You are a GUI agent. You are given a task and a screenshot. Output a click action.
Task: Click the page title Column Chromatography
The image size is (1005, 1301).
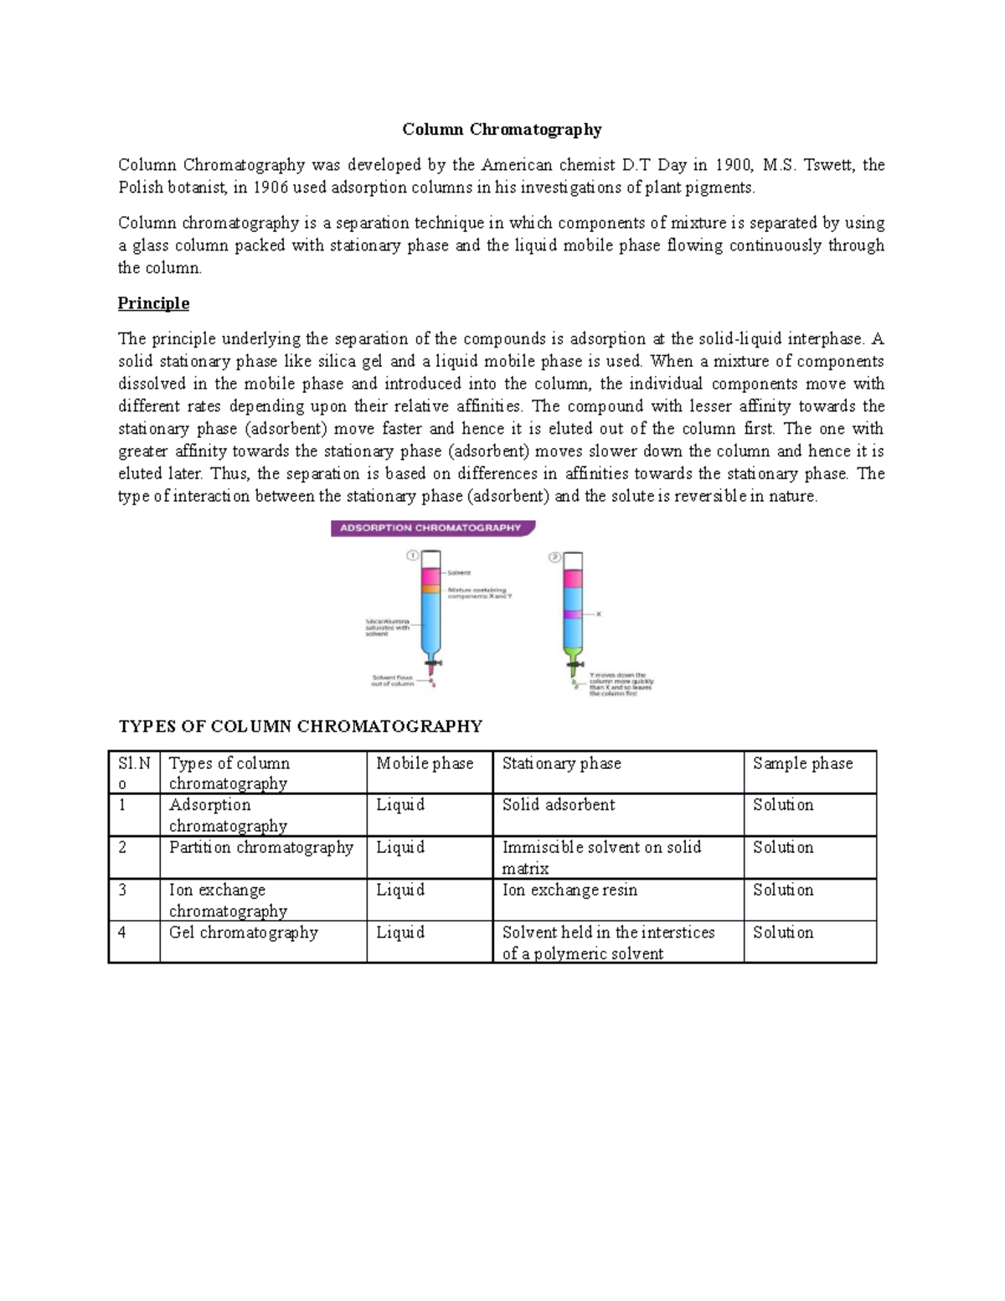click(x=502, y=129)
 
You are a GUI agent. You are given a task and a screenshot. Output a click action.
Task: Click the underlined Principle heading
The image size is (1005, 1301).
click(x=153, y=303)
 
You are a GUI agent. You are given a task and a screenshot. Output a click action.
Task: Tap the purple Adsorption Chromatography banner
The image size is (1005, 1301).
click(x=431, y=529)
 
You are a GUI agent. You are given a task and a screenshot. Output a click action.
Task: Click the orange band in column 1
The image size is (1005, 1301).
click(x=430, y=589)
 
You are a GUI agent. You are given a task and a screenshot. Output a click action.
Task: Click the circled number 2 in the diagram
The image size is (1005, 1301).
click(x=554, y=557)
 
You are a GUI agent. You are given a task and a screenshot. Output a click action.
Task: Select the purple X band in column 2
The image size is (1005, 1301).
click(x=573, y=614)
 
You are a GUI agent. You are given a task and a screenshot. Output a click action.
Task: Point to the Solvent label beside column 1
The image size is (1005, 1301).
click(x=459, y=573)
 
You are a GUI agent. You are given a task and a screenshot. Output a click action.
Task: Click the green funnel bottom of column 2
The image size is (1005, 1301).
click(x=574, y=652)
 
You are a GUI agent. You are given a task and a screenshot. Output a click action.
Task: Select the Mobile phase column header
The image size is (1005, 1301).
click(x=425, y=763)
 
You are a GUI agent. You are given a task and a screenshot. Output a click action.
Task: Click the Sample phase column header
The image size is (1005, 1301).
click(x=802, y=763)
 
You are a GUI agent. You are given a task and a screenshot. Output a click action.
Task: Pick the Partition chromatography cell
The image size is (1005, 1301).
click(x=261, y=848)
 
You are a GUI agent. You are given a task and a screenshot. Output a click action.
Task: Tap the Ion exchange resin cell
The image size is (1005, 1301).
click(x=569, y=890)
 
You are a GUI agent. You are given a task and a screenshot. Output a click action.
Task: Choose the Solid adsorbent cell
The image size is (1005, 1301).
click(x=559, y=805)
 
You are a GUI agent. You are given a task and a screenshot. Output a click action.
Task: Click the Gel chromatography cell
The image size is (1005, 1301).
click(x=244, y=932)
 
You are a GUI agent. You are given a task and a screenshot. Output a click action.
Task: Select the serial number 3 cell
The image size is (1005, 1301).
click(x=123, y=890)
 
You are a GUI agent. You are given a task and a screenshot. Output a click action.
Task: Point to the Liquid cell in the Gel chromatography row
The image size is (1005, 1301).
click(x=400, y=932)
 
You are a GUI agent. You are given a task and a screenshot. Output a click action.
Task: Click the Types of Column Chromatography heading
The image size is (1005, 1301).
click(x=301, y=726)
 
